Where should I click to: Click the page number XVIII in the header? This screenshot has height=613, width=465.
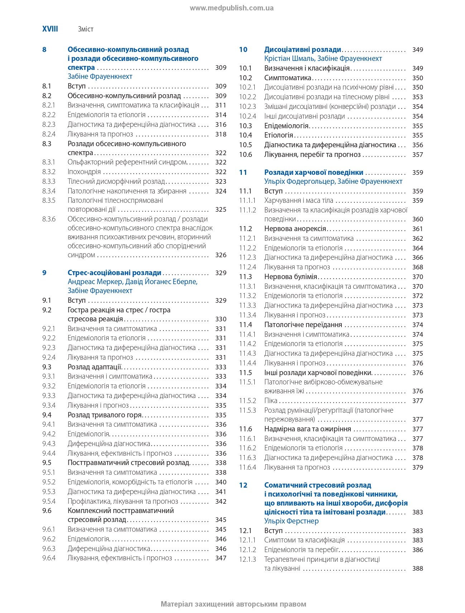pos(50,29)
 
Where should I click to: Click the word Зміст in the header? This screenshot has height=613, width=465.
pos(86,29)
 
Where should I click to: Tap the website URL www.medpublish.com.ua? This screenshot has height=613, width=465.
pos(232,8)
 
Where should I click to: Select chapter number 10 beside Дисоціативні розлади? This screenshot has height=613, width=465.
pos(243,50)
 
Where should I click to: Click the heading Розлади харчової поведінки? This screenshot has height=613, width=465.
pos(313,172)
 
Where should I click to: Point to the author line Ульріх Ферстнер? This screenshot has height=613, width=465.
pos(291,521)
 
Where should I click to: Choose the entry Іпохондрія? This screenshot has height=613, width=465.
pos(84,172)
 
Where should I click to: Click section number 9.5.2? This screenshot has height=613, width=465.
pos(49,482)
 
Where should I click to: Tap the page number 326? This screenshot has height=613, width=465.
pos(221,255)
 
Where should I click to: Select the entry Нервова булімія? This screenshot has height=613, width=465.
pos(291,277)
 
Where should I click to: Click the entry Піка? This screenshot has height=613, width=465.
pos(270,401)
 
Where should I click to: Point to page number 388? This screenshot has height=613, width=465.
pos(417,569)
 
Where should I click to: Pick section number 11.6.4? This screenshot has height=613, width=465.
pos(248,468)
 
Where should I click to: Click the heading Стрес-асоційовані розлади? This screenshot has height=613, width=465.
pos(114,273)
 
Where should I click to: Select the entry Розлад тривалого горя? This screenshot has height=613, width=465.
pos(105,415)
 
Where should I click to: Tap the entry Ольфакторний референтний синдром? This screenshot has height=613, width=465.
pos(127,162)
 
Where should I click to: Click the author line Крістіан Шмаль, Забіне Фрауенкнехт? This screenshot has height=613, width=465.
pos(323,59)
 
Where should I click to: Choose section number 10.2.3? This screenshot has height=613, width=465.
pos(248,107)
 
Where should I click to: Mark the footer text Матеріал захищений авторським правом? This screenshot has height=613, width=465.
pos(233,604)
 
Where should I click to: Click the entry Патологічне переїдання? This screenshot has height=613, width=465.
pos(303,325)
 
